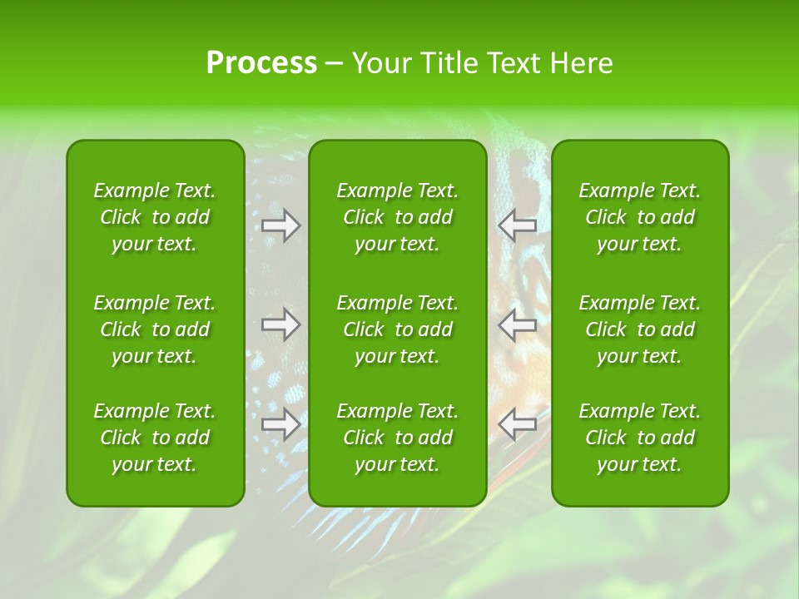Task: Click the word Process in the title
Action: [261, 63]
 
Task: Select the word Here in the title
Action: [582, 63]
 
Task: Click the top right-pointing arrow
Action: [281, 225]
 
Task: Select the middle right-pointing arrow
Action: [281, 324]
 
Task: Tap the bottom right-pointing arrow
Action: [281, 423]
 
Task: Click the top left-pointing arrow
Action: [517, 225]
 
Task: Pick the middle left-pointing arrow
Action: [517, 324]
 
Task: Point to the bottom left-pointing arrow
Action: [517, 423]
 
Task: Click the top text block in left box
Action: [155, 217]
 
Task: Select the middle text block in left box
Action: [155, 329]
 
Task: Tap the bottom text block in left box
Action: [155, 438]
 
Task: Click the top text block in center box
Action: [398, 217]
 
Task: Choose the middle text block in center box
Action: [398, 329]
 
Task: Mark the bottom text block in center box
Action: [398, 438]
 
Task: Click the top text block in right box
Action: [640, 217]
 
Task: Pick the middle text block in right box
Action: [640, 329]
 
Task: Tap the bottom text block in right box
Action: [640, 438]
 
